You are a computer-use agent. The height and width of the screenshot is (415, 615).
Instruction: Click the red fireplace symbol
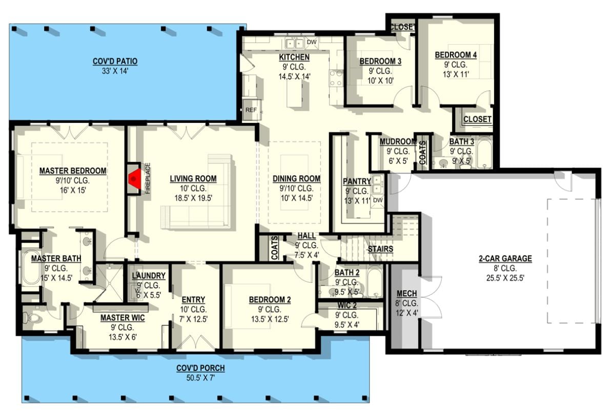[135, 179]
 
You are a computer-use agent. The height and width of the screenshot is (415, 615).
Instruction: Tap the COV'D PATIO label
[115, 62]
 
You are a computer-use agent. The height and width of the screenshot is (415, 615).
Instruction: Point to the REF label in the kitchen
[251, 110]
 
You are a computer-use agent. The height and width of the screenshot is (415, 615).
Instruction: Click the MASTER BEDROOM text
[73, 171]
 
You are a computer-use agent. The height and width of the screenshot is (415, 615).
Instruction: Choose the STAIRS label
[380, 249]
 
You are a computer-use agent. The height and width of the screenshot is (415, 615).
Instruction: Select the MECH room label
[407, 294]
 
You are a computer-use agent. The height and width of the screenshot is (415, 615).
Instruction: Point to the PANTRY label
[357, 181]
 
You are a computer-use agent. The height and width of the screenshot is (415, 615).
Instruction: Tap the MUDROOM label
[398, 142]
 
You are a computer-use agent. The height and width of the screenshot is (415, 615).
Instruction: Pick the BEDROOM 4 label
[456, 55]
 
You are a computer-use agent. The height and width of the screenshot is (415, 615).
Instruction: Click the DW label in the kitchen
[311, 42]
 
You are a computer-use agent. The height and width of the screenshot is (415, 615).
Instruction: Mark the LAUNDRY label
[149, 276]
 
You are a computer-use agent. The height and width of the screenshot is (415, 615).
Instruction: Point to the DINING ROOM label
[296, 179]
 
